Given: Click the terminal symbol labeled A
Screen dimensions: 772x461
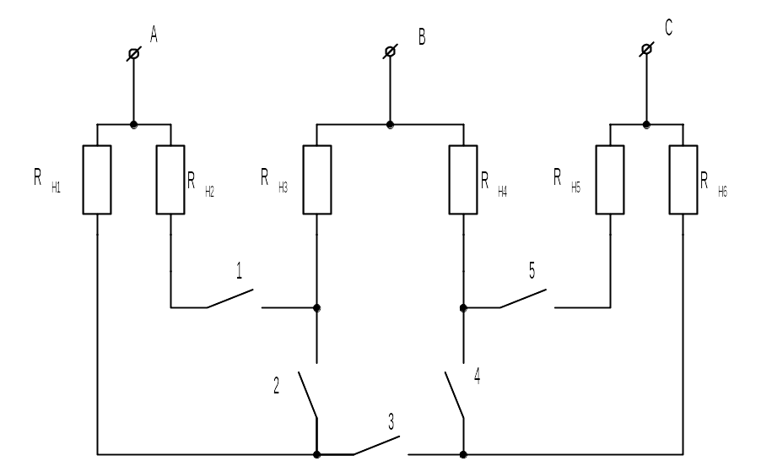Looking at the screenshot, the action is [133, 53].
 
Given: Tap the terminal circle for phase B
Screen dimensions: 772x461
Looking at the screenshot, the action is [390, 52].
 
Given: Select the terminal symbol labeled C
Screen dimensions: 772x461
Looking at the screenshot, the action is [646, 49].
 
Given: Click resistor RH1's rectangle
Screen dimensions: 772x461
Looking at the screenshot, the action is [97, 180].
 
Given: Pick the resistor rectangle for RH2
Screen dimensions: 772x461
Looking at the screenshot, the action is [170, 180].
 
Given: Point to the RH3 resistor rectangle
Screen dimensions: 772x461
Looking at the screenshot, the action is [316, 180].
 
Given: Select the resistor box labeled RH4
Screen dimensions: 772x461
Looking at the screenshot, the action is [463, 180].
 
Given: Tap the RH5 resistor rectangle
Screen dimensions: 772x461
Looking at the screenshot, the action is [610, 180].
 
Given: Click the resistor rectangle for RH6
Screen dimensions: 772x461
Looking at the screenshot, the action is [683, 180].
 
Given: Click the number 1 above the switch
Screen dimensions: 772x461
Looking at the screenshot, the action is [240, 271].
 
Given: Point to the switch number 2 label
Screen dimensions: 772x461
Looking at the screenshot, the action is [276, 385].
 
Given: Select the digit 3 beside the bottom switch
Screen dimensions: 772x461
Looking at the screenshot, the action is [391, 422].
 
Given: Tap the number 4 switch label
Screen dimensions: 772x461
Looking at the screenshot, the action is [477, 376].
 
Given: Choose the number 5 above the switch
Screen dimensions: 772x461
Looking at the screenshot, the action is [532, 270].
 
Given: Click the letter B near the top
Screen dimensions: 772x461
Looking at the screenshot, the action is [422, 37].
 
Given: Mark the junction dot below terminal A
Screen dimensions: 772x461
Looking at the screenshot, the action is [133, 125].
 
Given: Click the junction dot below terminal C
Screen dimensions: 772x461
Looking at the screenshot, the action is [646, 125].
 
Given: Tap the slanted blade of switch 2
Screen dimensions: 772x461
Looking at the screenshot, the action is [307, 395].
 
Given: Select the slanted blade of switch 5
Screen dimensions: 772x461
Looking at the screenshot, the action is [523, 299].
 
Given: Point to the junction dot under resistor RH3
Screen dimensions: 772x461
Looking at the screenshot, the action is [316, 308].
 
